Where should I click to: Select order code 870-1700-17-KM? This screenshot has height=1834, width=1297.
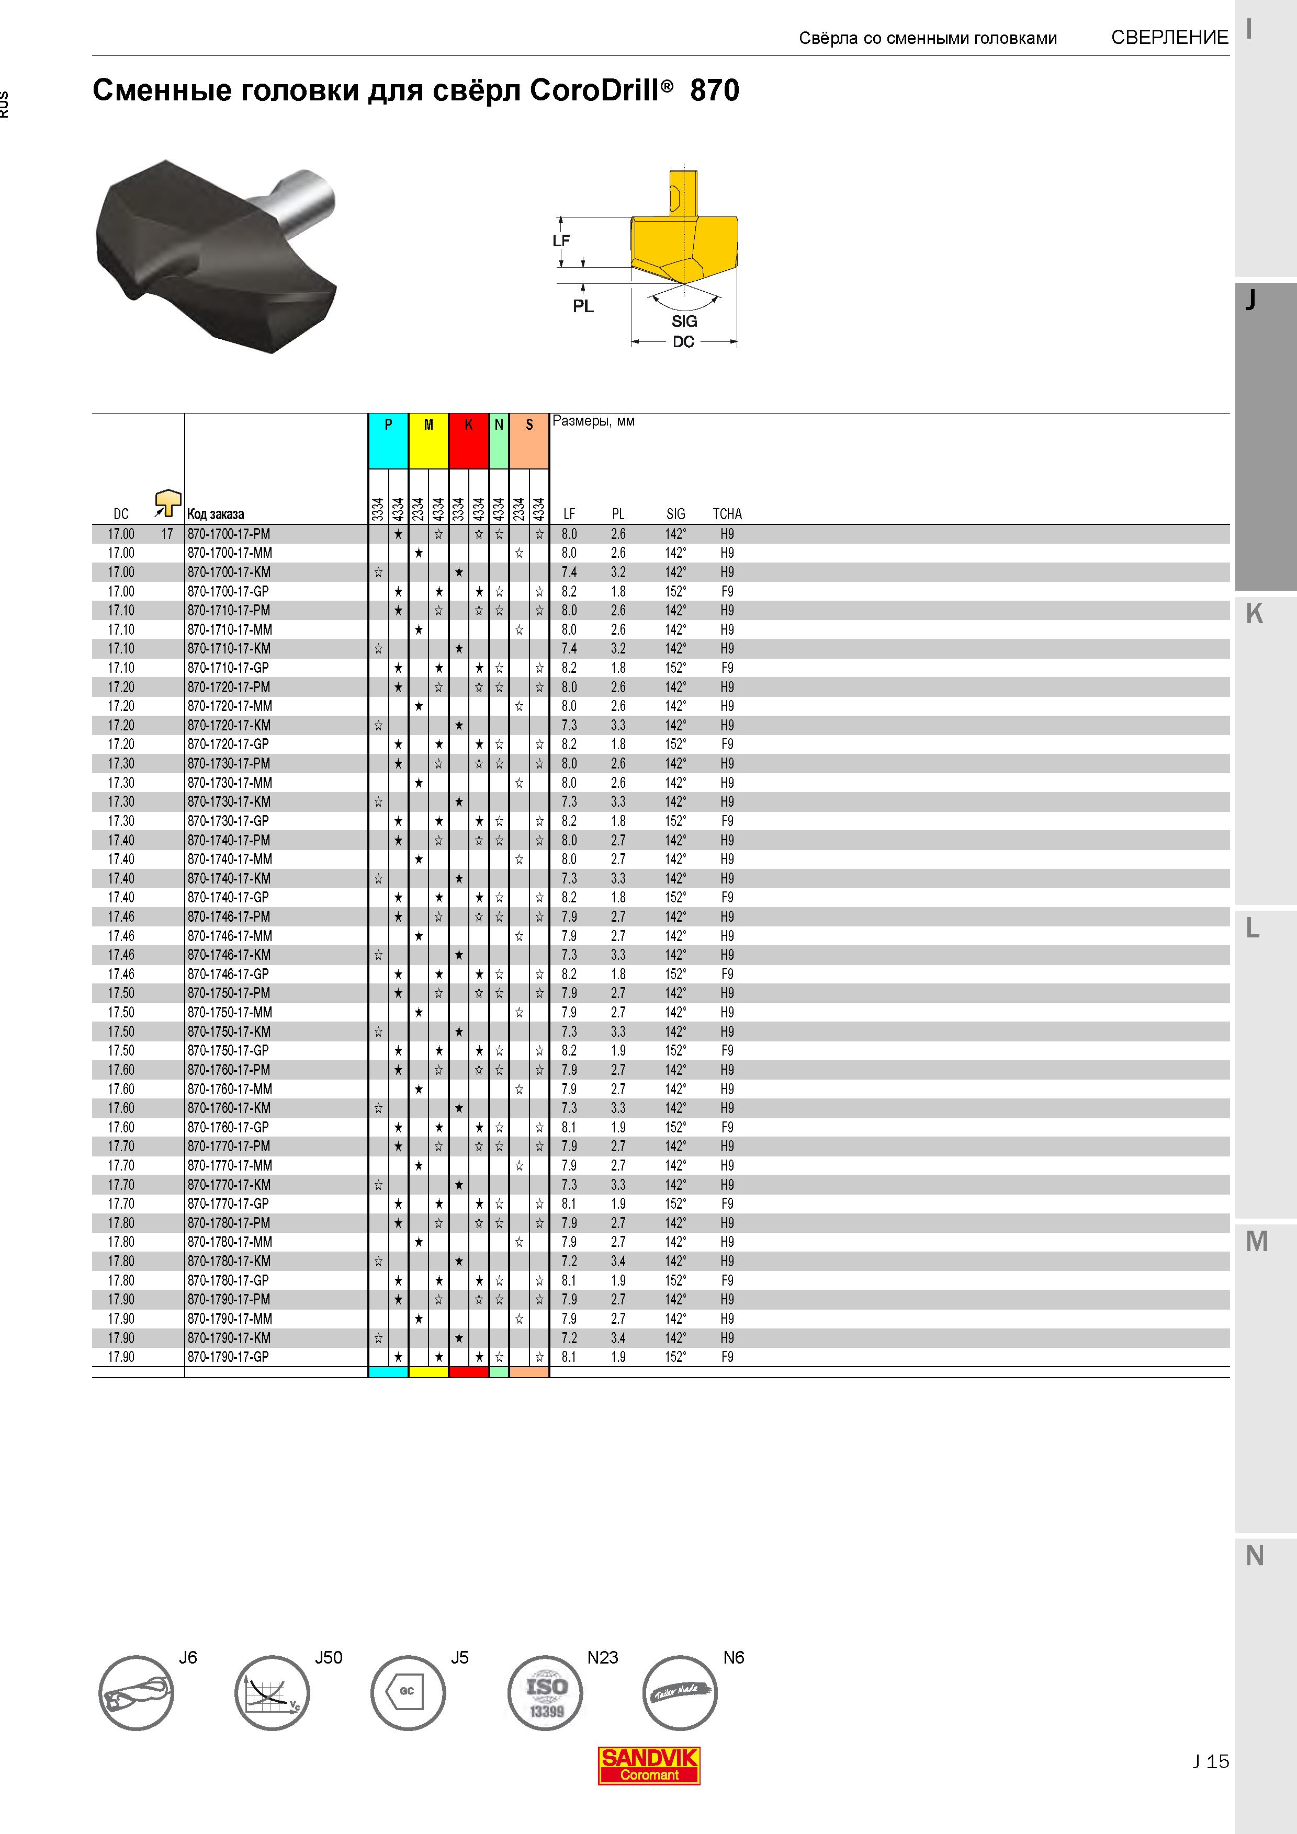point(229,572)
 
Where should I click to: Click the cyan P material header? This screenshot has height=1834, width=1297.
point(388,441)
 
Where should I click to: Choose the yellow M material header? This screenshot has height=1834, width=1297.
point(428,441)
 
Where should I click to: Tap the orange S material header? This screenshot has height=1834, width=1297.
point(529,441)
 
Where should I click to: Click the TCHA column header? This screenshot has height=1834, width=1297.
point(727,513)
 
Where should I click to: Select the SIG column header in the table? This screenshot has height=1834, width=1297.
point(676,513)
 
